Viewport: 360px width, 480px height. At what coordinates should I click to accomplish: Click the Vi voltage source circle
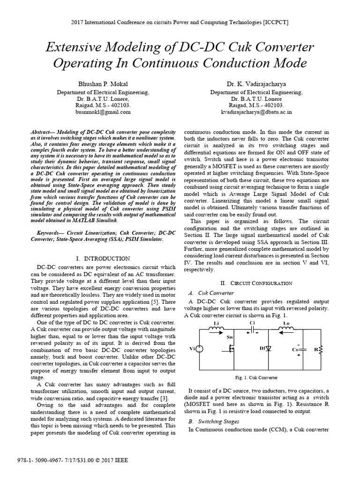pos(199,348)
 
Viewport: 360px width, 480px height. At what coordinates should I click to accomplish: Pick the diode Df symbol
pos(269,349)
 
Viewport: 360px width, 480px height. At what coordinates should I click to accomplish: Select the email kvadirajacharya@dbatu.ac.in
pos(256,112)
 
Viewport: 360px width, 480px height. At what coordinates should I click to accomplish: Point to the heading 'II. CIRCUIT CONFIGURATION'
pos(256,283)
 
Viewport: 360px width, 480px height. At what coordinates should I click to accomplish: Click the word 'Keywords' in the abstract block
pos(48,232)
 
